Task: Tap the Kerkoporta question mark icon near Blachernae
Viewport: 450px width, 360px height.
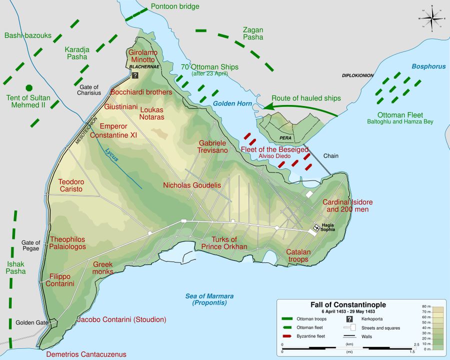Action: [135, 75]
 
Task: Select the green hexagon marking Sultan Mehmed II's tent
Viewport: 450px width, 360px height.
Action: [29, 87]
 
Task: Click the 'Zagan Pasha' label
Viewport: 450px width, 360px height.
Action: [252, 33]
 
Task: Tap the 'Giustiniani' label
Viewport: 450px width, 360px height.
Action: [121, 106]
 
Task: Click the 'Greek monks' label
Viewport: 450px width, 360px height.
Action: [103, 267]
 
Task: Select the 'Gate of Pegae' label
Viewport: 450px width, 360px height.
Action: [30, 245]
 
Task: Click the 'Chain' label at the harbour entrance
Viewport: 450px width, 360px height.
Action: [330, 156]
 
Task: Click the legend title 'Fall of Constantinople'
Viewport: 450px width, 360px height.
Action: [348, 304]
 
